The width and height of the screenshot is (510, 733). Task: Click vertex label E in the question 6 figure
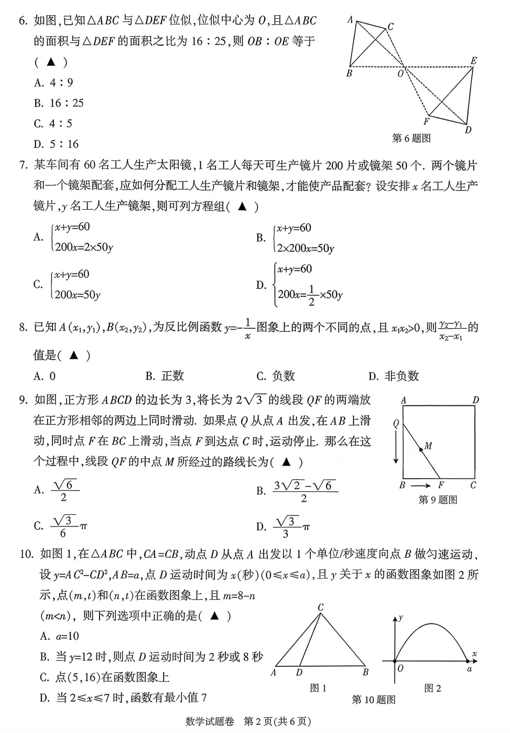point(473,61)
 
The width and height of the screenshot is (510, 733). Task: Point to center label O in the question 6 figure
point(400,74)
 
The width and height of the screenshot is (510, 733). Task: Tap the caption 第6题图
point(411,138)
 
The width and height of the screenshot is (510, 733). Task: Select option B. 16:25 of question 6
point(59,103)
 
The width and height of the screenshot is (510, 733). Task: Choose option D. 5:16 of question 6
point(56,144)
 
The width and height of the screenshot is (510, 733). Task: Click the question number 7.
point(23,166)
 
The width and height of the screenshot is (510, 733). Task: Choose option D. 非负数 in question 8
point(394,376)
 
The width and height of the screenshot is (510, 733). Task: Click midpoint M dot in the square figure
point(420,449)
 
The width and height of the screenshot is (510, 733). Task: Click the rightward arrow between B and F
point(421,486)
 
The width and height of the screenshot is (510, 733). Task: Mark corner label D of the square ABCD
point(475,400)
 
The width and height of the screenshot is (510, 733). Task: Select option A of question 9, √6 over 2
point(57,490)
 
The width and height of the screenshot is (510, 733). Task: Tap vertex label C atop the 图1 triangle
point(321,608)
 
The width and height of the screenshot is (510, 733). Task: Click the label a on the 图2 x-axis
point(470,669)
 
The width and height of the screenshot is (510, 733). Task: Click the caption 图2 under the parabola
point(433,688)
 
